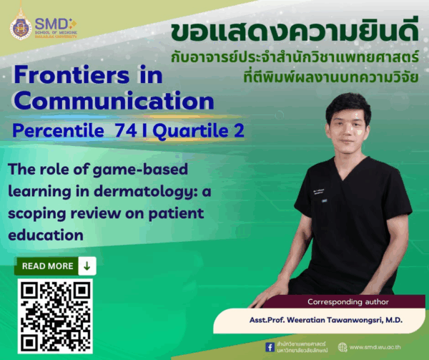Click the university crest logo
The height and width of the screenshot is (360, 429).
click(21, 26)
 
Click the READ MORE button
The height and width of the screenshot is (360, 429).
click(47, 266)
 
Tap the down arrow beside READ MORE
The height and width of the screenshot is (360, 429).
click(87, 266)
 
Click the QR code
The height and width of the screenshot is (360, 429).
click(54, 316)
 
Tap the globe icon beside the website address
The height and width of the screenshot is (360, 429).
click(342, 347)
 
